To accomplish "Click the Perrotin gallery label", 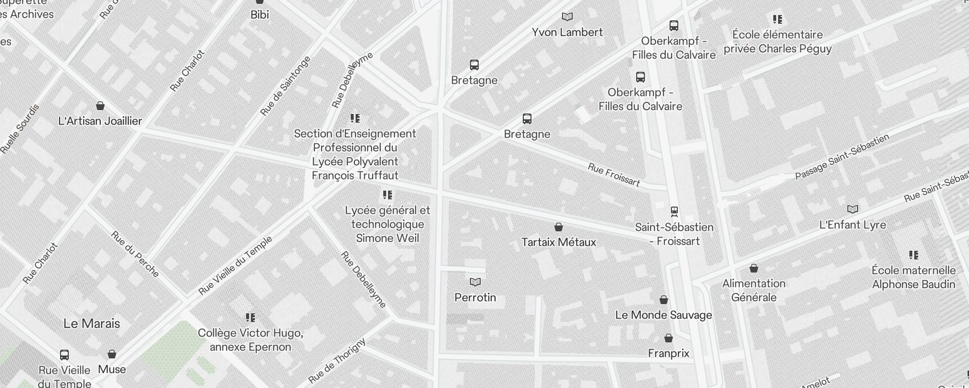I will click(x=475, y=297).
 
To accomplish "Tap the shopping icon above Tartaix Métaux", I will click(x=558, y=227).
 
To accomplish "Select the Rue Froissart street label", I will click(x=613, y=175).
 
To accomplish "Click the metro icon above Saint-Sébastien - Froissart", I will click(x=674, y=211).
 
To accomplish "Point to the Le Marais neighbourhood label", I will click(x=92, y=323).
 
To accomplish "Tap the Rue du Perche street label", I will click(x=135, y=254).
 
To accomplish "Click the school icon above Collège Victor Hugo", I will click(x=250, y=318).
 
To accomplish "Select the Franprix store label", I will click(x=668, y=354).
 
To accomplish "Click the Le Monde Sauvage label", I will click(x=663, y=315).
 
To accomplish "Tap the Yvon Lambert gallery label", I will click(x=567, y=32).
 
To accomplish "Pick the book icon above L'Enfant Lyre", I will click(x=852, y=210).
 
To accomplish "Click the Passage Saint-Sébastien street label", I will click(x=842, y=157).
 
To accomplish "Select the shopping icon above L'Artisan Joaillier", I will click(x=100, y=106).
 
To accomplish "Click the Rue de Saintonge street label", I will click(x=285, y=86).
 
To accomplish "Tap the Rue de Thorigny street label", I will click(x=337, y=361).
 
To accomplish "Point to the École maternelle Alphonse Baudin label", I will click(x=913, y=277).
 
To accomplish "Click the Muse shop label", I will click(x=112, y=370).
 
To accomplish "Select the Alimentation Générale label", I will click(x=753, y=291).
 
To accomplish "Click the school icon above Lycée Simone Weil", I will click(x=387, y=195).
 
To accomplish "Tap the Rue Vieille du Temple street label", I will click(x=235, y=266).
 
